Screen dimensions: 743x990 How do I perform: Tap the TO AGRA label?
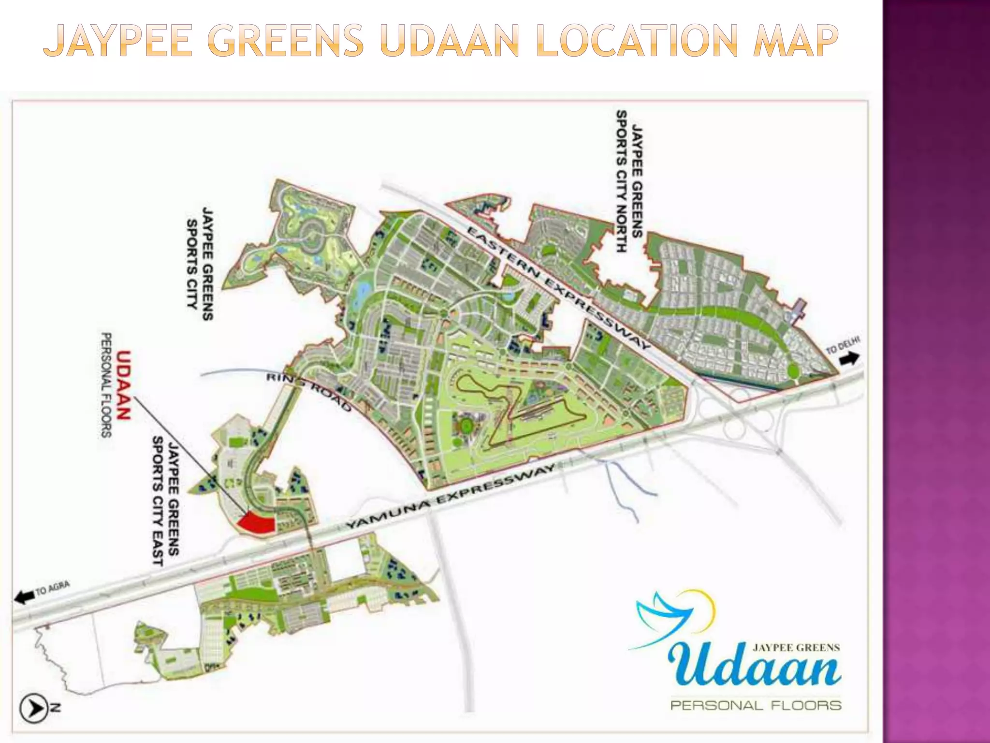tap(53, 589)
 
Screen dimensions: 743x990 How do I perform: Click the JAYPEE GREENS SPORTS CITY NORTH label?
tap(629, 181)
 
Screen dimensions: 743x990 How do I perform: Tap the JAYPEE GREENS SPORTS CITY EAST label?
tap(166, 500)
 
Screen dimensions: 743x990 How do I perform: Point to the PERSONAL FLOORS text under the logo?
tap(756, 705)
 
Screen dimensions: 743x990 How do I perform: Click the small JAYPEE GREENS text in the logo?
tap(796, 647)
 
